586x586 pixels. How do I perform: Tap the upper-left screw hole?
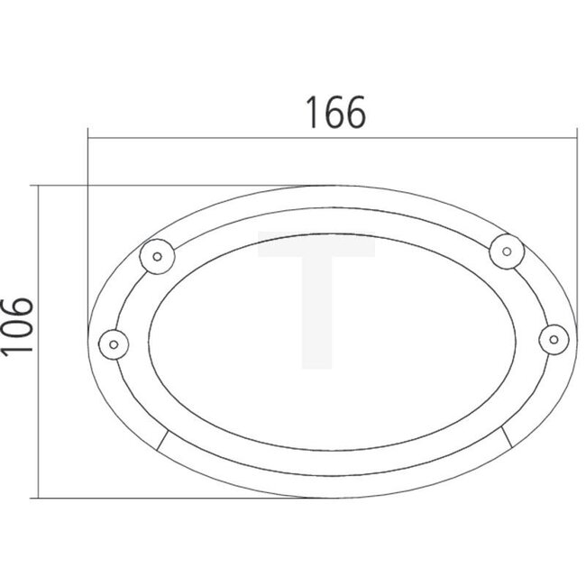157,256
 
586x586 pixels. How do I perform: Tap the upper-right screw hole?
507,250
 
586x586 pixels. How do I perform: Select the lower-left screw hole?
114,343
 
